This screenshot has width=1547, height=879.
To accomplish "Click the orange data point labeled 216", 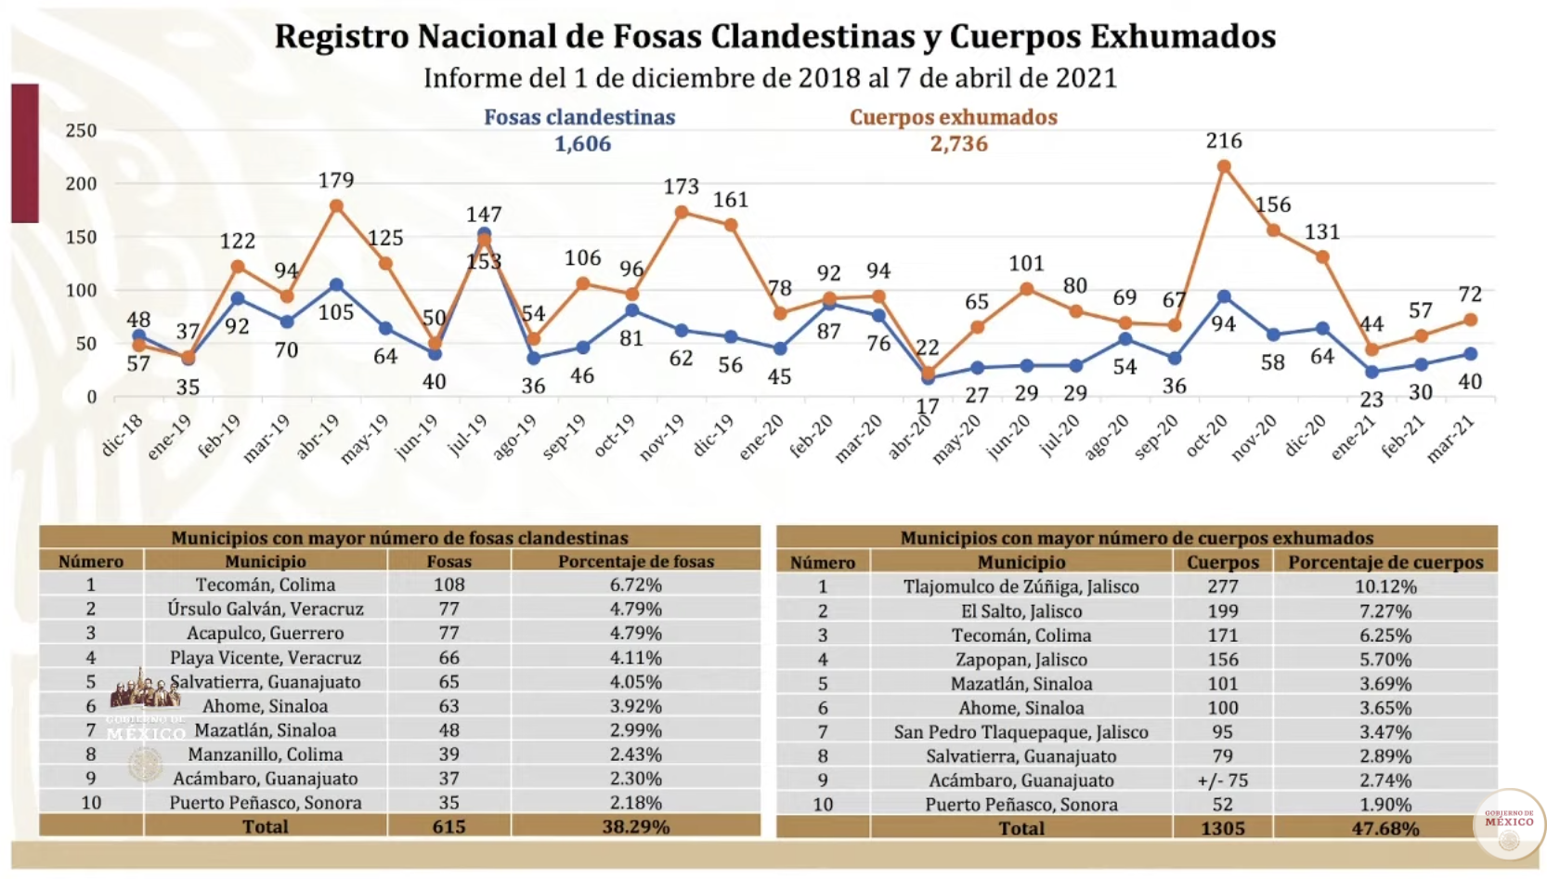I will (1224, 167).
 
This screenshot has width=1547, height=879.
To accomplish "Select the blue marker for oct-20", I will (1224, 297).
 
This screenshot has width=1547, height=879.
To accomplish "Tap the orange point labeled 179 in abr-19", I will (336, 206).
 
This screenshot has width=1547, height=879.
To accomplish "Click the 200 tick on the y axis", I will (81, 184).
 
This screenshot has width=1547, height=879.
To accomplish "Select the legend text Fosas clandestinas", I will (579, 117).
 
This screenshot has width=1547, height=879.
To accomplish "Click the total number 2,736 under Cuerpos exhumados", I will (958, 144).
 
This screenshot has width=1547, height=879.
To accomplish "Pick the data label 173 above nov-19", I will (681, 187).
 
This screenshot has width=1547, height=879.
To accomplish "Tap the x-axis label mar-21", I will (1451, 438).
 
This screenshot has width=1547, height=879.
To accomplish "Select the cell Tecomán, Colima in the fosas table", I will (266, 584).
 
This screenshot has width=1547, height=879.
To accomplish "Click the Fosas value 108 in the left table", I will (448, 584).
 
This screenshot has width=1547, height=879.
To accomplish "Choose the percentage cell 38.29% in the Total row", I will (635, 826).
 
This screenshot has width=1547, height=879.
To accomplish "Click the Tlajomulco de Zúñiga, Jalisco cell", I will (1020, 586).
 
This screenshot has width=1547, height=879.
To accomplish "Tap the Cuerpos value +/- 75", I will (1222, 781).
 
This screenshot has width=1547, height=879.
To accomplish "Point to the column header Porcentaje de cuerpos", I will (1384, 562).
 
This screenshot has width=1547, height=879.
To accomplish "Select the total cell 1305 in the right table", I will (1222, 828).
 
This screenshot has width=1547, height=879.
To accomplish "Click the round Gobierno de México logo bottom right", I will (1509, 823).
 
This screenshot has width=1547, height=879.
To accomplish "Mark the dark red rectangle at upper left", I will (25, 153).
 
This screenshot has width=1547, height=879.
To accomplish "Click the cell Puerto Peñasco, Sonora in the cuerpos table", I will (1020, 805).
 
